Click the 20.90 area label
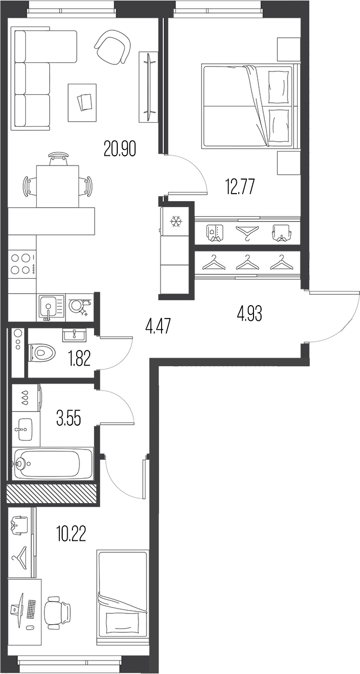pos(120,148)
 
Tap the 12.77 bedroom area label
pos(239,187)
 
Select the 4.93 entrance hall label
pos(250,313)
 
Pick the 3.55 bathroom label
pos(69,418)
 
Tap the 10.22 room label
pos(71,534)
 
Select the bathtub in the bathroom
pos(52,463)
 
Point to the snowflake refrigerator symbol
pos(176,221)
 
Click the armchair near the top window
pos(113,46)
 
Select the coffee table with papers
pos(82,102)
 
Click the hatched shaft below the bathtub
pos(51,494)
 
